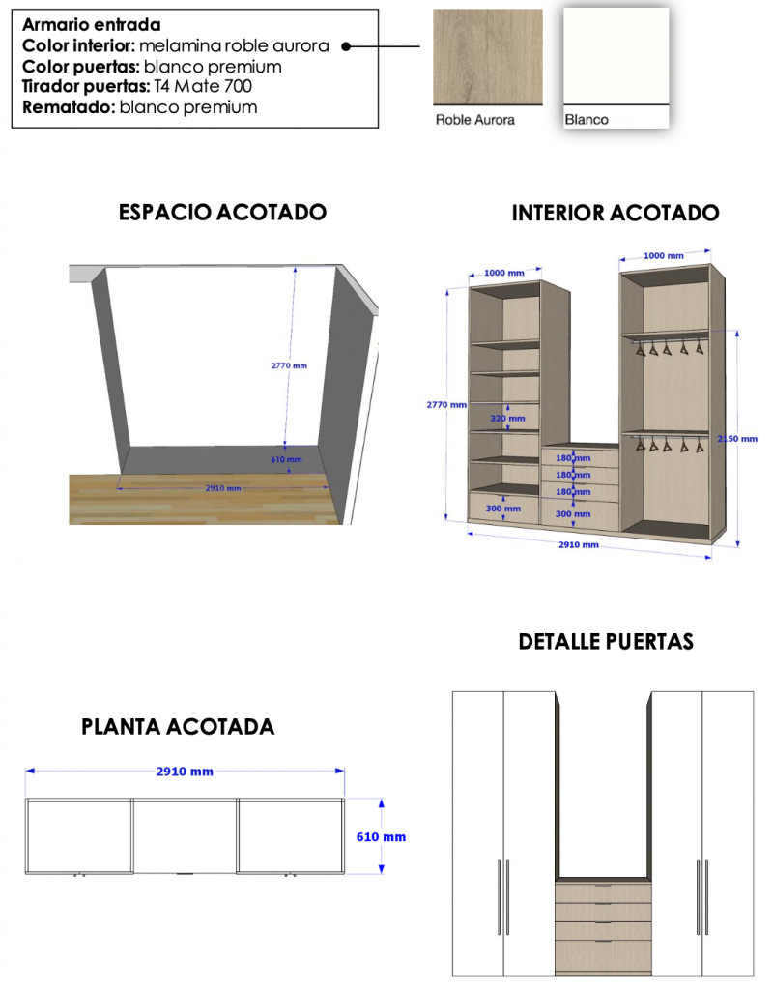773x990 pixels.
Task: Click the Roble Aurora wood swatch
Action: (487, 57)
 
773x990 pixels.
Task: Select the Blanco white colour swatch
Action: (616, 56)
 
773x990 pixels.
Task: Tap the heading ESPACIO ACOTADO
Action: (223, 212)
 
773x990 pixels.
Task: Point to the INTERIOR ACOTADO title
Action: (616, 213)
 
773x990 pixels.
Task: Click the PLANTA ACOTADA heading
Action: (178, 727)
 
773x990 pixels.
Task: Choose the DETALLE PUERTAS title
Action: (606, 642)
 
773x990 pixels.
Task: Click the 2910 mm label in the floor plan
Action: (185, 772)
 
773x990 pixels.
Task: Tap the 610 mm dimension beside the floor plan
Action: (381, 837)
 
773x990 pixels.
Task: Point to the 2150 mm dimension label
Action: (737, 439)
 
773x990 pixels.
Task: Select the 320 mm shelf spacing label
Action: (507, 418)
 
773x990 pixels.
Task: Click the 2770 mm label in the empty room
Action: (289, 365)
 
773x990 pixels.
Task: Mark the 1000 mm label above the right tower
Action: (664, 255)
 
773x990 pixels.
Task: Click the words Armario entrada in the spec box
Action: (92, 24)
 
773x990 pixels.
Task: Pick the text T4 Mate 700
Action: (203, 86)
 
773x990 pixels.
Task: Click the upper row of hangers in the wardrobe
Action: (669, 348)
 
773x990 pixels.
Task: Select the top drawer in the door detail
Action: (603, 893)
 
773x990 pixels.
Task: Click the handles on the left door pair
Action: (502, 897)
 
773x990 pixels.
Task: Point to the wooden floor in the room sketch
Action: (205, 499)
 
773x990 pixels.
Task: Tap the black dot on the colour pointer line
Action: (346, 46)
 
